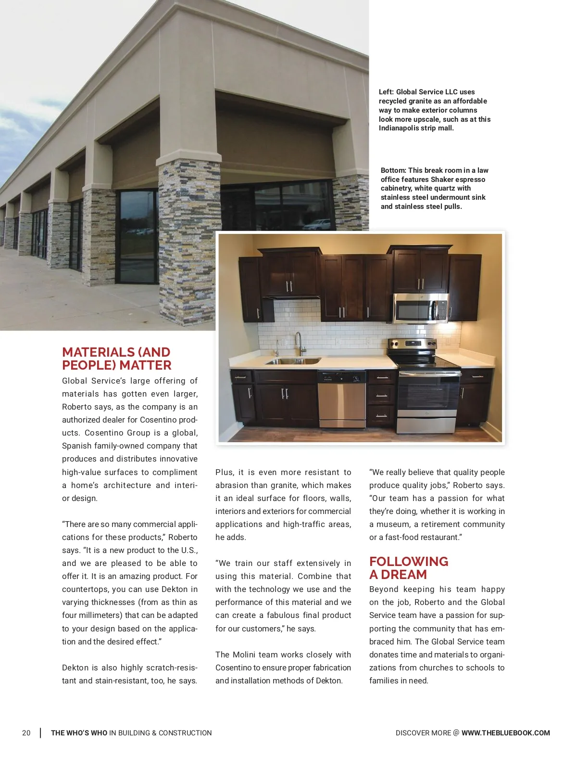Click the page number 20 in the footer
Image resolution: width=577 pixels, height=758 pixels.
click(26, 733)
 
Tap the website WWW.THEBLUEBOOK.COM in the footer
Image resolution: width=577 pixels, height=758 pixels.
click(505, 733)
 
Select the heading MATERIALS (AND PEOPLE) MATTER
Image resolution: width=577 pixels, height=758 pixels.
click(116, 359)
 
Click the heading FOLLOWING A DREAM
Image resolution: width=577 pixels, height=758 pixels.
click(408, 568)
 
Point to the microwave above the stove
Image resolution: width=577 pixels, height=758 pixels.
click(421, 308)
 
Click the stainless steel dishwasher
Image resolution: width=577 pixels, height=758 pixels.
click(341, 399)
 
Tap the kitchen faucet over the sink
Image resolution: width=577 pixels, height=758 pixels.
click(299, 343)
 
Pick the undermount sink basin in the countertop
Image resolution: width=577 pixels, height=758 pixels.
click(293, 361)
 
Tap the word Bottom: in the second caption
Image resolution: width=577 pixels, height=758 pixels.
click(393, 170)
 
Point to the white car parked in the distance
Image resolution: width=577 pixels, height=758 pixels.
click(317, 224)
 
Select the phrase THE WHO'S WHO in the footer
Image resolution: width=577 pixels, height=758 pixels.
click(79, 733)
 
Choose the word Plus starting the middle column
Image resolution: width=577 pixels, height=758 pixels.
click(224, 472)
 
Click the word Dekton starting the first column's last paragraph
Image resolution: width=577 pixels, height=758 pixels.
click(75, 668)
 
